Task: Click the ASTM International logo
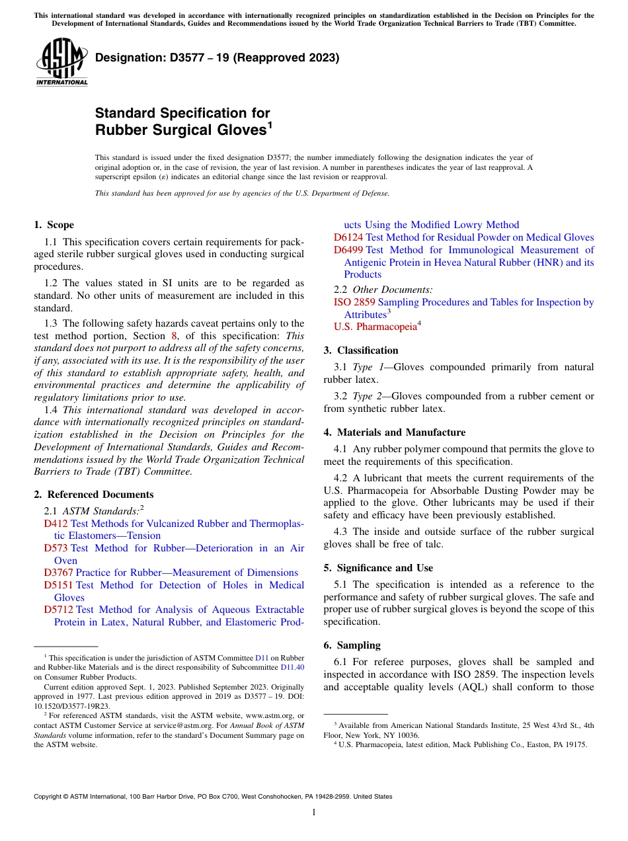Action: tap(61, 61)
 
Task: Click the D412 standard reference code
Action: tap(56, 524)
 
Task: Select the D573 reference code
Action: tap(56, 548)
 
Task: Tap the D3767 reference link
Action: tap(59, 573)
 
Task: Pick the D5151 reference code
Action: tap(59, 585)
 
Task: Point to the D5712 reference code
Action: tap(59, 610)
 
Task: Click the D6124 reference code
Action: tap(348, 237)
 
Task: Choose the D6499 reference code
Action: tap(348, 250)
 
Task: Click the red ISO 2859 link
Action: tap(354, 302)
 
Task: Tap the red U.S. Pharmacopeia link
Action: tap(375, 327)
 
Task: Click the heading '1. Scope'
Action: tap(54, 225)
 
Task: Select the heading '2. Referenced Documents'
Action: tap(93, 495)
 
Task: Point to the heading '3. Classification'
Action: tap(361, 350)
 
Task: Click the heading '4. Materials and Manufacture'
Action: tap(394, 432)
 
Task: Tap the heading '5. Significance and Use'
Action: tap(378, 568)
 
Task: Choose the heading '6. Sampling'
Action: tap(352, 645)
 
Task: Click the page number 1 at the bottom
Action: tap(314, 813)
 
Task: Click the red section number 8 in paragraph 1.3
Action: tap(175, 336)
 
